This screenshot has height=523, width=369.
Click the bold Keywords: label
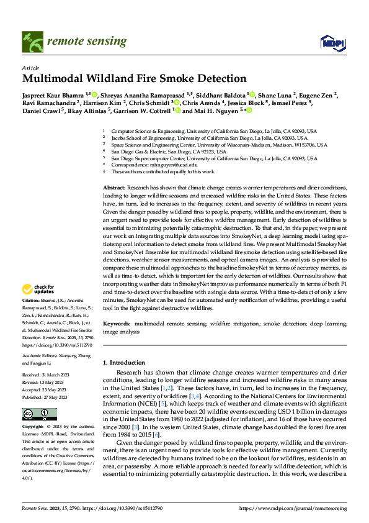tap(117, 324)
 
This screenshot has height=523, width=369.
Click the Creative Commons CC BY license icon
tap(40, 414)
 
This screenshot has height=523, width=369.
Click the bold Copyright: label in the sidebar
tap(33, 427)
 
